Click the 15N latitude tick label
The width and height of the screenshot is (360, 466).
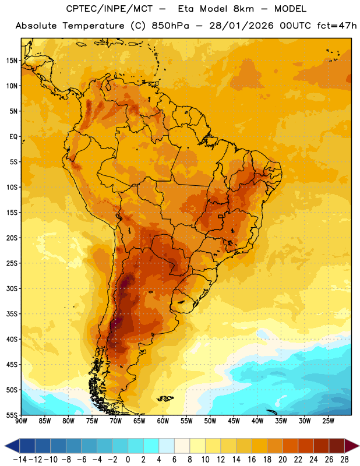point(12,61)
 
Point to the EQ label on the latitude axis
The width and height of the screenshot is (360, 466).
point(13,137)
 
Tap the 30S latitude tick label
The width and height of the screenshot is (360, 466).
point(12,288)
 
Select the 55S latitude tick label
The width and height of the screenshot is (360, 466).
point(12,415)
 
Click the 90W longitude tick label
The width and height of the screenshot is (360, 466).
point(21,421)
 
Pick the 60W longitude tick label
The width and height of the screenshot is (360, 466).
point(163,421)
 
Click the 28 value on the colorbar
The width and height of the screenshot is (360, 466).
point(344,460)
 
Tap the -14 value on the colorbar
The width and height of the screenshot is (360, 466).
point(20,460)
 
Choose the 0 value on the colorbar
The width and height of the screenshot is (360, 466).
point(128,460)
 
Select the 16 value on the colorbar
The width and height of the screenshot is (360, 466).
point(252,460)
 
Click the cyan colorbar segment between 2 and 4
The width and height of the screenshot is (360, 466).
point(151,446)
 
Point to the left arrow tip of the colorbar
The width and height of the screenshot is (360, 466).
point(5,446)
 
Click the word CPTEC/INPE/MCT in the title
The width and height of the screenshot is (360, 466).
point(109,9)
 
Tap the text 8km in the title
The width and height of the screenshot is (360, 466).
point(243,9)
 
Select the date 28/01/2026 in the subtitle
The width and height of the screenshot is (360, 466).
point(241,26)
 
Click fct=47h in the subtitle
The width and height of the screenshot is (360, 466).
point(337,26)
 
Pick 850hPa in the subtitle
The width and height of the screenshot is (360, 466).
point(170,26)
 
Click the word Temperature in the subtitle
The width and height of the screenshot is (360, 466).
point(93,26)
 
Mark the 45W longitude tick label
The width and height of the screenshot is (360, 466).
point(234,421)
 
